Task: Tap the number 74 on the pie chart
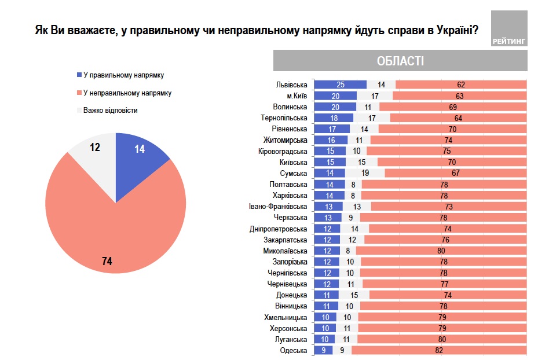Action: click(106, 262)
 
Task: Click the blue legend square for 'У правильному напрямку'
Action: click(79, 75)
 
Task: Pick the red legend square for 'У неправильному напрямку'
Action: click(79, 93)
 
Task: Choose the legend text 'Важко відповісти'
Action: click(110, 110)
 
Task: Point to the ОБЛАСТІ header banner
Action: click(400, 61)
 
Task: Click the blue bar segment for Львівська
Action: click(340, 85)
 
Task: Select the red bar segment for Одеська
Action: click(438, 350)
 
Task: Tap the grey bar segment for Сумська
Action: click(365, 173)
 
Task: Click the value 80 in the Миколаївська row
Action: click(442, 251)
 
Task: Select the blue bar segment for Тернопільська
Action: click(334, 117)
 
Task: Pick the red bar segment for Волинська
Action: click(453, 106)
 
